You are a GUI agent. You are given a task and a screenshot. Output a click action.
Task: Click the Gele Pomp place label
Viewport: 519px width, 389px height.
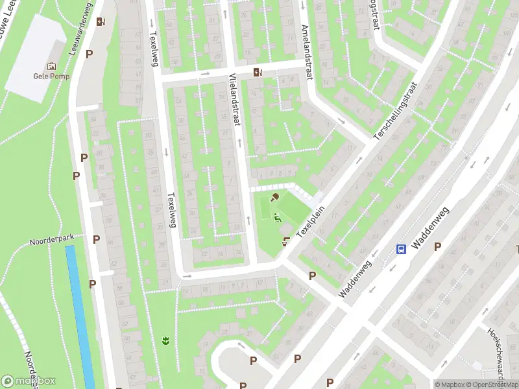(x=51, y=75)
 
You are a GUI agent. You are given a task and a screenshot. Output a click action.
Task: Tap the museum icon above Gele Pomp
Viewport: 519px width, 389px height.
(x=51, y=65)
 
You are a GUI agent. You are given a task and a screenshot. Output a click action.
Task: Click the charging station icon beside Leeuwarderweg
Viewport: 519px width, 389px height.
(x=101, y=21)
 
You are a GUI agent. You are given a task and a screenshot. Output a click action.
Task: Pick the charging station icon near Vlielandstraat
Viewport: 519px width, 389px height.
(x=258, y=72)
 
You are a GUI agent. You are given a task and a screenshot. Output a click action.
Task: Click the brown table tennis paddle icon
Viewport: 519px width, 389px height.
(x=275, y=197)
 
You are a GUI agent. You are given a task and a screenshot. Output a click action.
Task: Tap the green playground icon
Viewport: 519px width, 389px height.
(x=278, y=218)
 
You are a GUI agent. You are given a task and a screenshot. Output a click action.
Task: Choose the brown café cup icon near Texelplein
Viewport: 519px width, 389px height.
(x=286, y=241)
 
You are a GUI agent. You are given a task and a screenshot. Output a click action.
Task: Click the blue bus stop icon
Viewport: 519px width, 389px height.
(x=402, y=250)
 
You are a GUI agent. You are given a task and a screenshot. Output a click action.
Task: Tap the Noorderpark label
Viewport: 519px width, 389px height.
(x=52, y=239)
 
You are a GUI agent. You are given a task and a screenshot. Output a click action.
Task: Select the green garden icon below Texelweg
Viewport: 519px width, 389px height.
(x=165, y=339)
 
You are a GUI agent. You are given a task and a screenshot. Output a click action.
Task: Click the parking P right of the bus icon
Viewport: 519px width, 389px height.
(x=437, y=246)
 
